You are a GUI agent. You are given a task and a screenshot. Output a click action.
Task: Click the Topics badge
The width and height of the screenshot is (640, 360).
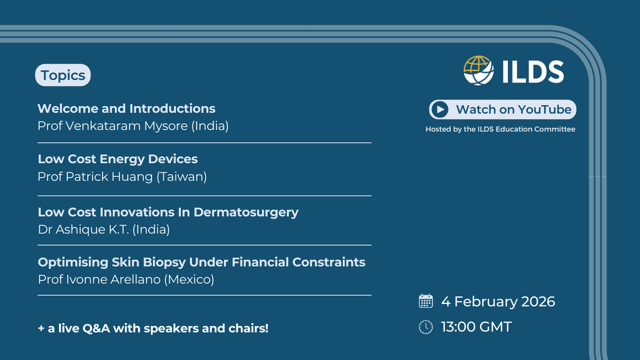click(x=63, y=76)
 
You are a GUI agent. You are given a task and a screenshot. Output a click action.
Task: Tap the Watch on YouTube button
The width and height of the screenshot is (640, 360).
click(x=502, y=110)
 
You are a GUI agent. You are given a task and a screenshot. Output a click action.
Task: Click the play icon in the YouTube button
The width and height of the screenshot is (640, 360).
click(x=440, y=110)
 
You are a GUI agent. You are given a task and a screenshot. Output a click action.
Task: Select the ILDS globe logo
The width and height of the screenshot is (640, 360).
click(x=479, y=70)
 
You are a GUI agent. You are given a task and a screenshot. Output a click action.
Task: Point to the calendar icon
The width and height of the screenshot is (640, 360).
click(x=426, y=301)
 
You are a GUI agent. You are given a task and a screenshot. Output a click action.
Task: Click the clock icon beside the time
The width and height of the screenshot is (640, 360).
click(x=426, y=327)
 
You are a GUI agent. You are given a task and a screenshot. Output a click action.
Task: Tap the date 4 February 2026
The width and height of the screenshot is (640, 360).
click(x=498, y=301)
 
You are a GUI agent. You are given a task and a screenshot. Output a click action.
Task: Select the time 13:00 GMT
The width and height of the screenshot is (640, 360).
click(x=476, y=327)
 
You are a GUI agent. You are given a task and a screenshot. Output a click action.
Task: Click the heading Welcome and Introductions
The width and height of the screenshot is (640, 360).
click(x=126, y=109)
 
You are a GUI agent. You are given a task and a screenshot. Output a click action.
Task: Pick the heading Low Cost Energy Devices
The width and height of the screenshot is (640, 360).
click(x=117, y=159)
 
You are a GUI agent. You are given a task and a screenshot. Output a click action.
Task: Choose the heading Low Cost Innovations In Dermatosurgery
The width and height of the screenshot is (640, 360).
click(x=168, y=212)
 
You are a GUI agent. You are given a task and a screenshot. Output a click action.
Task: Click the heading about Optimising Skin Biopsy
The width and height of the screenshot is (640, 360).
click(x=202, y=262)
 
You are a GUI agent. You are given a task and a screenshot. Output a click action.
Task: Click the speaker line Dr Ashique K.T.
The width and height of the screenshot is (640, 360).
click(x=103, y=229)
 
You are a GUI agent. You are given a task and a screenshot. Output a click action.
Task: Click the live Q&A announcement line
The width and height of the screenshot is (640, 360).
click(x=153, y=328)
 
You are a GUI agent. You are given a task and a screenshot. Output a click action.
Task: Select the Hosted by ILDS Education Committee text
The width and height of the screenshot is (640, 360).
click(x=500, y=129)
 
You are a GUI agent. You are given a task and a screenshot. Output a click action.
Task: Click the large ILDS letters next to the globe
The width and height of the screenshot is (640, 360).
click(x=533, y=71)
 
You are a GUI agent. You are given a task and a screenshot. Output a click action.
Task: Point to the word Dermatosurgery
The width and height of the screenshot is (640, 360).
click(x=246, y=212)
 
